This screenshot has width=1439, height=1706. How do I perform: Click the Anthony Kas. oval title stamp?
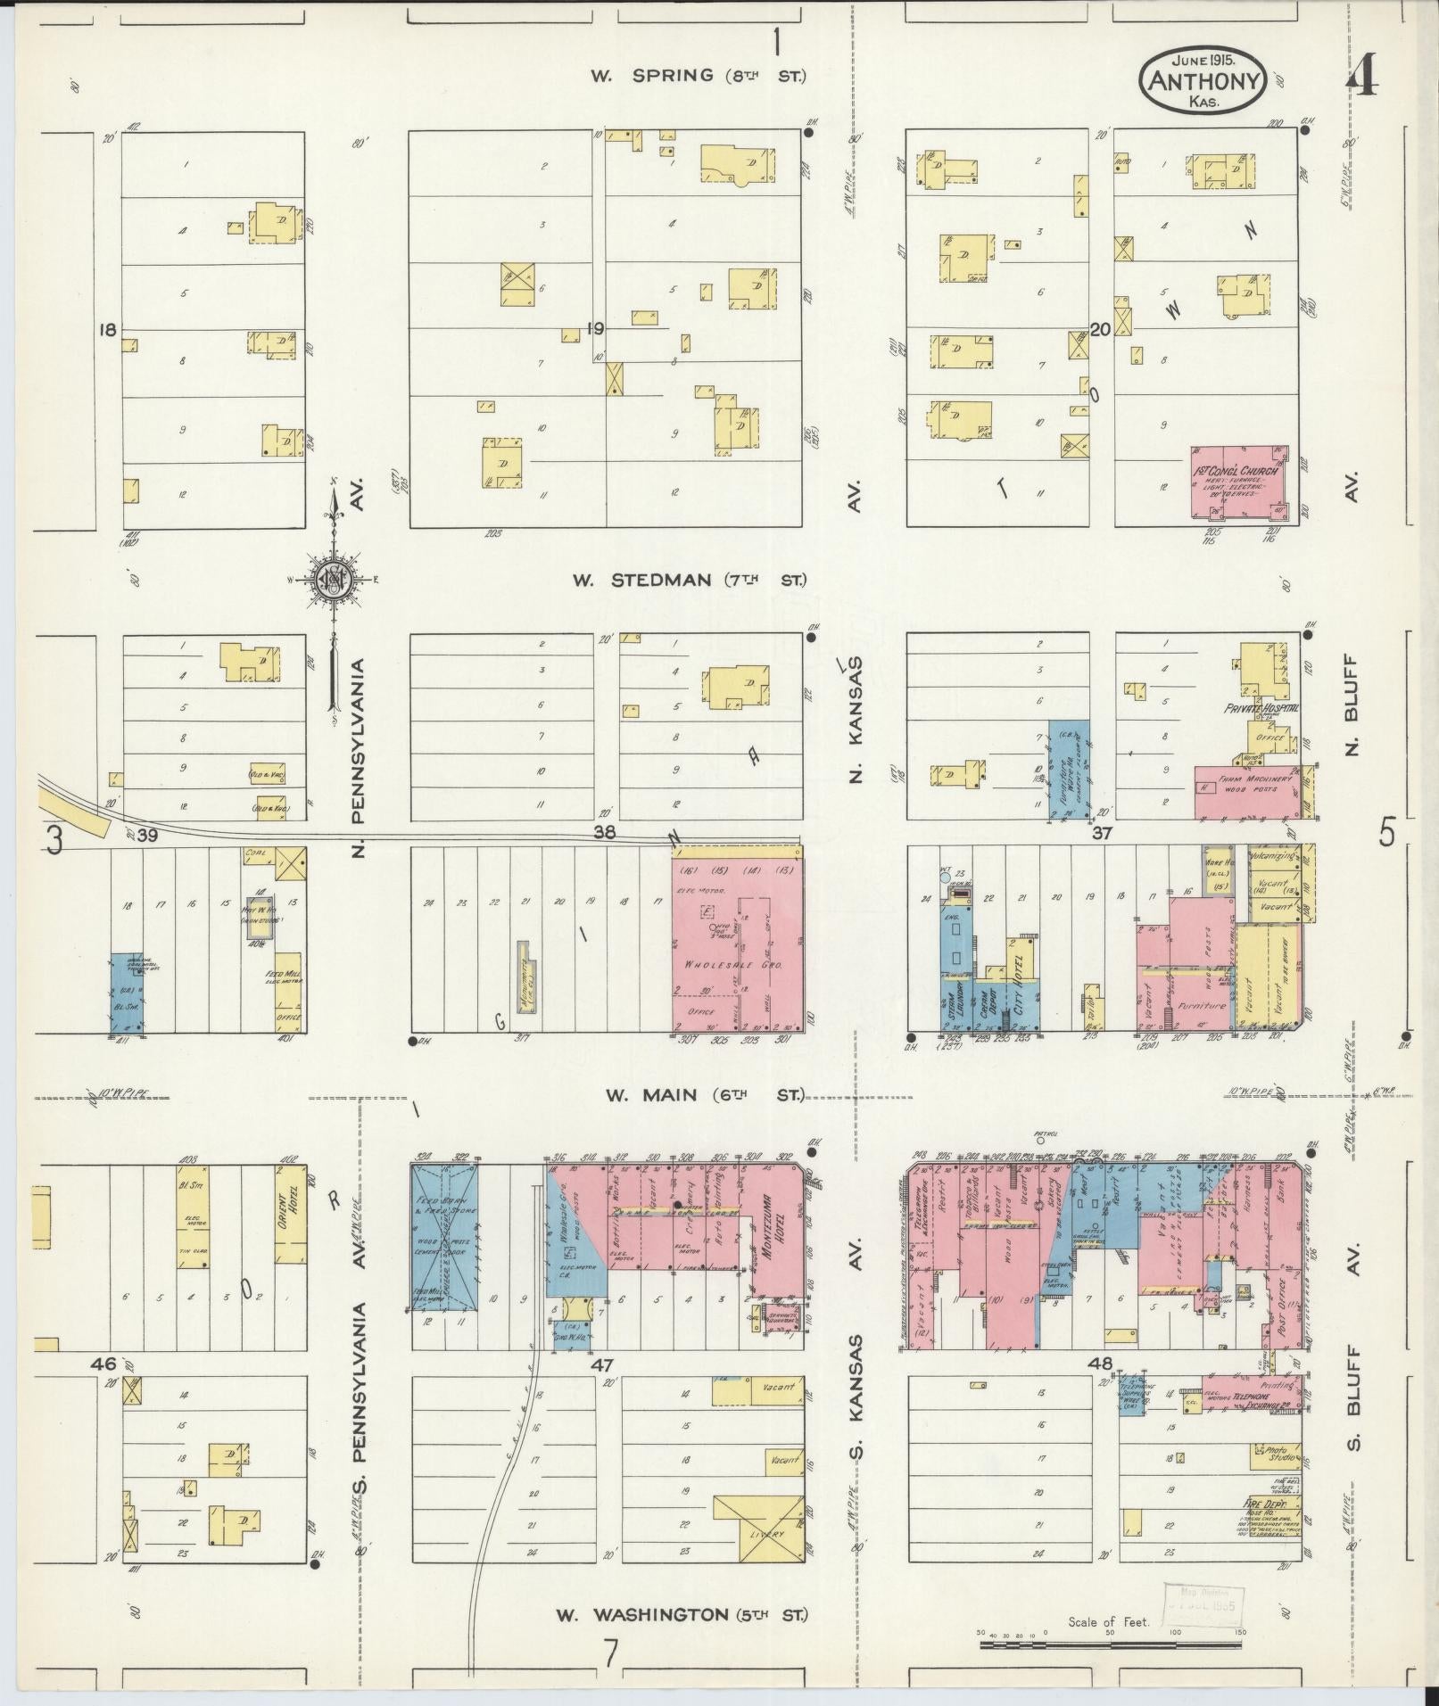pos(1203,81)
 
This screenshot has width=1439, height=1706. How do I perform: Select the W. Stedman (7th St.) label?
pos(688,581)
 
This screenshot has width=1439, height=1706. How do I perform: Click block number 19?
pos(595,329)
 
